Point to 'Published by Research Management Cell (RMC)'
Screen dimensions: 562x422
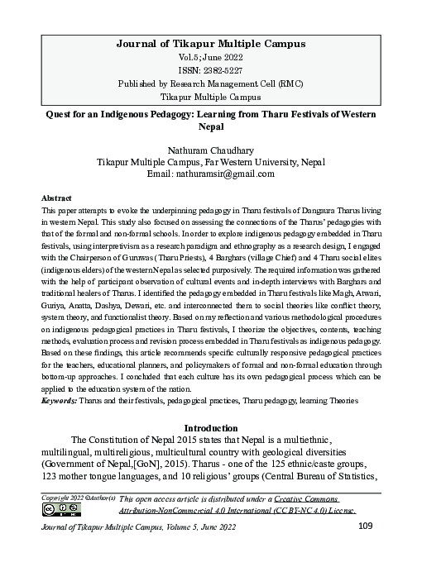coord(211,83)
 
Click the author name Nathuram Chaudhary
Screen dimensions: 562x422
coord(211,150)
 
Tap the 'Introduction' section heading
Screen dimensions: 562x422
coord(211,428)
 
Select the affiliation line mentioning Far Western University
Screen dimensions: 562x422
coord(211,162)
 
